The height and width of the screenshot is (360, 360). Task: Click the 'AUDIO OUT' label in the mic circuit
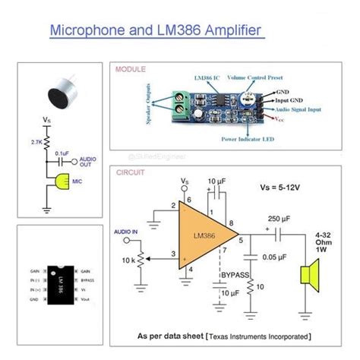(87, 163)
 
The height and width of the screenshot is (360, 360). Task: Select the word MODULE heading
(131, 70)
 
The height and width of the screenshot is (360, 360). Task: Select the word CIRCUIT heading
(130, 172)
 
